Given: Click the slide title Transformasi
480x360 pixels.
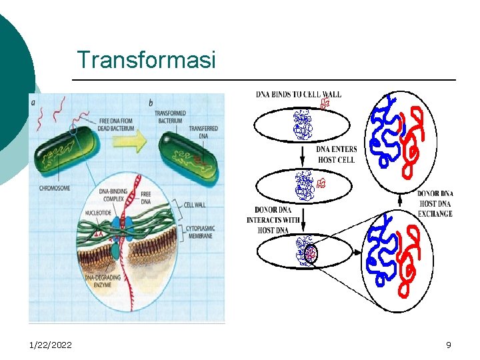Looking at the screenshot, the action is pos(146,60).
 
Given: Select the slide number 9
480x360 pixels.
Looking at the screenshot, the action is pos(449,345).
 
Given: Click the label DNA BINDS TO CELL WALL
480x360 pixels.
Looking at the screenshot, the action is pos(298,95).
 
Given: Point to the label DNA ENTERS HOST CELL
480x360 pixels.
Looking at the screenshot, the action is pos(336,155).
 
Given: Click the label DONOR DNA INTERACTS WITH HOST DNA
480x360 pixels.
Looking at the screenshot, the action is pos(273,219).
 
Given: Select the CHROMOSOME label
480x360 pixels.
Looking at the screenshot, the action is pos(55,189).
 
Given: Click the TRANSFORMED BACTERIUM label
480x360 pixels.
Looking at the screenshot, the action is pos(173,117).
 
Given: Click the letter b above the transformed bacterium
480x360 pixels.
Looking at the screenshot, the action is pos(151,103).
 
